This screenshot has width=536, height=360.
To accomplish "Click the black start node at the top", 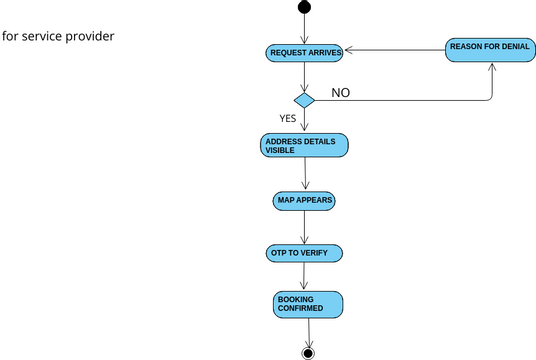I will [x=304, y=8].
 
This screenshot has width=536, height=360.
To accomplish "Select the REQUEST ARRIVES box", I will [x=305, y=51].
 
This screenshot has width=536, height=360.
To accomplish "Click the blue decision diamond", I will [x=304, y=100].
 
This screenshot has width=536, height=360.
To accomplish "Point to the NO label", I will [x=341, y=93].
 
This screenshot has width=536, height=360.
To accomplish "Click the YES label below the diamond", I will [x=288, y=118].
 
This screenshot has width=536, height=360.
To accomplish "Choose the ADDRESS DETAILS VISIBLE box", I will [x=304, y=145].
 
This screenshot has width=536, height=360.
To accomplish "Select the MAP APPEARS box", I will [x=304, y=201].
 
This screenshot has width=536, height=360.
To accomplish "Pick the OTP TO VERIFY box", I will [x=304, y=253].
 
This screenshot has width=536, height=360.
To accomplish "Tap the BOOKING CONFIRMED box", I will [x=308, y=305].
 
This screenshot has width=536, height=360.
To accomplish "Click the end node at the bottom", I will [x=308, y=352].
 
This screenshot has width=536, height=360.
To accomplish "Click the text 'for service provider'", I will [x=58, y=36].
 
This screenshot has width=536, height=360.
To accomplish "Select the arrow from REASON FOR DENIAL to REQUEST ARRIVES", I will [x=395, y=50].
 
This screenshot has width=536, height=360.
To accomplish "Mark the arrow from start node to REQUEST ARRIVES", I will [x=304, y=28].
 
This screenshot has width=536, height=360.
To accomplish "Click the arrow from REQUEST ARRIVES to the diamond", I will [x=304, y=76].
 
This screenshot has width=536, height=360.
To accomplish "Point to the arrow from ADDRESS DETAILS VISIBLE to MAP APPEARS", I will [x=304, y=173].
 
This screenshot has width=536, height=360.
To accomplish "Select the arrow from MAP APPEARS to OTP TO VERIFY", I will [x=304, y=227].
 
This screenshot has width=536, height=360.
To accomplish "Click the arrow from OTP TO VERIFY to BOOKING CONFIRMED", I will [x=305, y=277].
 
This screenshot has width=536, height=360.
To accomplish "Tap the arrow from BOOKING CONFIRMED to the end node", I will [x=308, y=331].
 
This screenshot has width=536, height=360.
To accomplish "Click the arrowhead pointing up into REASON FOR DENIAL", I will [x=493, y=68].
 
